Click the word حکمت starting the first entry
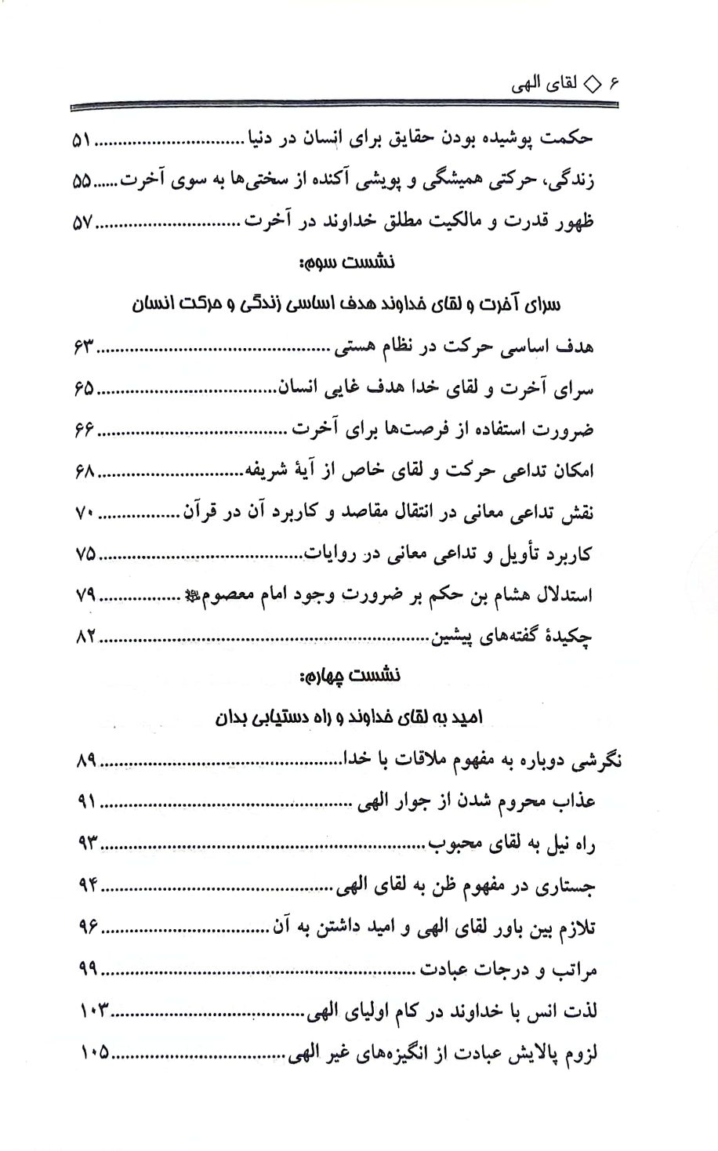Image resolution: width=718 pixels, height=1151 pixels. pos(568,140)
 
